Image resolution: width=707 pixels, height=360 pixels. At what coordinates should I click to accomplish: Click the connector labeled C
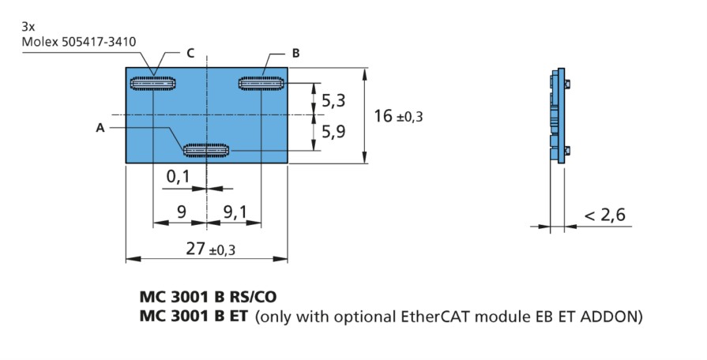(152, 84)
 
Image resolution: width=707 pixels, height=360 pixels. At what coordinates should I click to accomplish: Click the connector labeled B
(261, 84)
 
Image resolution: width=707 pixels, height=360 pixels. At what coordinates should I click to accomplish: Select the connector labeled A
(206, 150)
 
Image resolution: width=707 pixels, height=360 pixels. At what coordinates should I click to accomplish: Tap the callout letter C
(190, 53)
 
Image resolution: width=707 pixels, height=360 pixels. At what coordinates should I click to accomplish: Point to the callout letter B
(295, 53)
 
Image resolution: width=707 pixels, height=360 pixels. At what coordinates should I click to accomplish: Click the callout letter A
(100, 129)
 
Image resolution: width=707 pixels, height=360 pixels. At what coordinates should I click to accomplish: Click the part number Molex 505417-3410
(79, 42)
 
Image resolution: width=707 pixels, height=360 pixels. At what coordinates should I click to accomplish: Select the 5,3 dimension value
(333, 100)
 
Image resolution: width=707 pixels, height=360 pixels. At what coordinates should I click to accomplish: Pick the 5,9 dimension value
(333, 132)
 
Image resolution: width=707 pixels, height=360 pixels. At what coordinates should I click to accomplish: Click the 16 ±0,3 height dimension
(398, 116)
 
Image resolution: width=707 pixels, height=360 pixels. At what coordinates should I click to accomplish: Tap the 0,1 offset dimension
(179, 176)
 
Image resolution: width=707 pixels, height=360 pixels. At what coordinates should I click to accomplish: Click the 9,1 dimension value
(235, 211)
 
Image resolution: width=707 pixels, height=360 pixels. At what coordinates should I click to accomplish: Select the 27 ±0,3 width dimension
(211, 248)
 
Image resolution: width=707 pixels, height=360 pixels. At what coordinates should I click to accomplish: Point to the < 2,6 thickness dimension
(604, 215)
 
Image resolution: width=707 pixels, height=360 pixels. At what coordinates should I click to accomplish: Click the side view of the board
(558, 115)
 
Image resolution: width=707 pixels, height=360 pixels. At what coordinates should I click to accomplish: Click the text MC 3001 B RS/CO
(208, 297)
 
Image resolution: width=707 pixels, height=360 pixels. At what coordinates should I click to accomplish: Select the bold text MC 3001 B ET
(194, 317)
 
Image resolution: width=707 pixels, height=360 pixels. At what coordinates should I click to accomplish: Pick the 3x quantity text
(28, 27)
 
